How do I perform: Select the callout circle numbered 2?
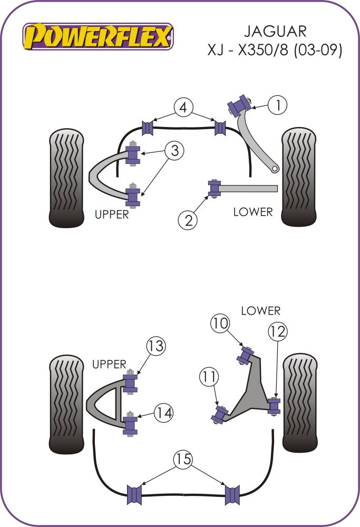(x=188, y=220)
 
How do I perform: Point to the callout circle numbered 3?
(x=174, y=151)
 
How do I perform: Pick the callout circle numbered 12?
(x=278, y=331)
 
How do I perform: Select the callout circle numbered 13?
(x=155, y=346)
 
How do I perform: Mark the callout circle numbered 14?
(x=163, y=412)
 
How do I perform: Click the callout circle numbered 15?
(x=183, y=459)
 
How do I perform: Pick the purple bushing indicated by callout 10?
(x=246, y=354)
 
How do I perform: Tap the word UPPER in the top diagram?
(x=111, y=214)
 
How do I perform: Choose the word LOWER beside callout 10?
(x=260, y=310)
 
